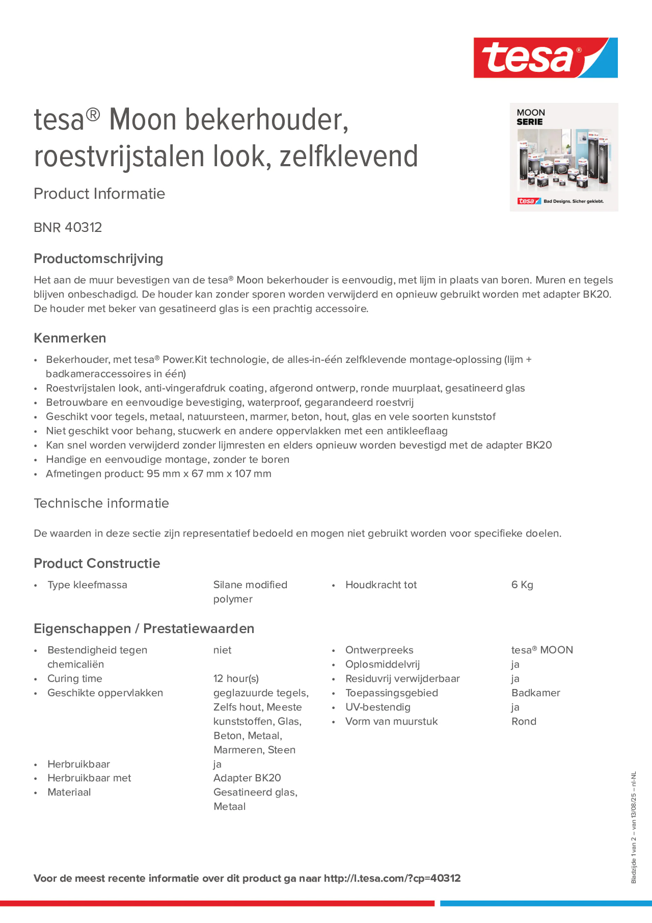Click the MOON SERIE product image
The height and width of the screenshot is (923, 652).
564,157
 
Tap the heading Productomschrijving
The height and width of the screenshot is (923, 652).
98,258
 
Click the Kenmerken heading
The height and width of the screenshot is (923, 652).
69,338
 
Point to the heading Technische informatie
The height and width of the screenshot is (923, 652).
101,503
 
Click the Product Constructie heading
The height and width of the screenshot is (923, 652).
96,563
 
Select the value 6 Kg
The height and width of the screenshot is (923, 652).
522,585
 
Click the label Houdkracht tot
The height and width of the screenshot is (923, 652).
381,585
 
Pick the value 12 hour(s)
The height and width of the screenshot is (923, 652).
236,679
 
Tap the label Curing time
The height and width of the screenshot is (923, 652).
75,679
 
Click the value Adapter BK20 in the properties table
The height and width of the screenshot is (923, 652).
247,778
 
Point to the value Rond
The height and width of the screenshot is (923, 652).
523,722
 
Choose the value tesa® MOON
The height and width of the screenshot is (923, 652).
542,650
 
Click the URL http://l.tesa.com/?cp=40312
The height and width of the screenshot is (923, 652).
392,878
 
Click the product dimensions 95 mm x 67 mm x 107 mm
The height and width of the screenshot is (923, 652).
209,474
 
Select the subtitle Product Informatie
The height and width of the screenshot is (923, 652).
99,194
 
